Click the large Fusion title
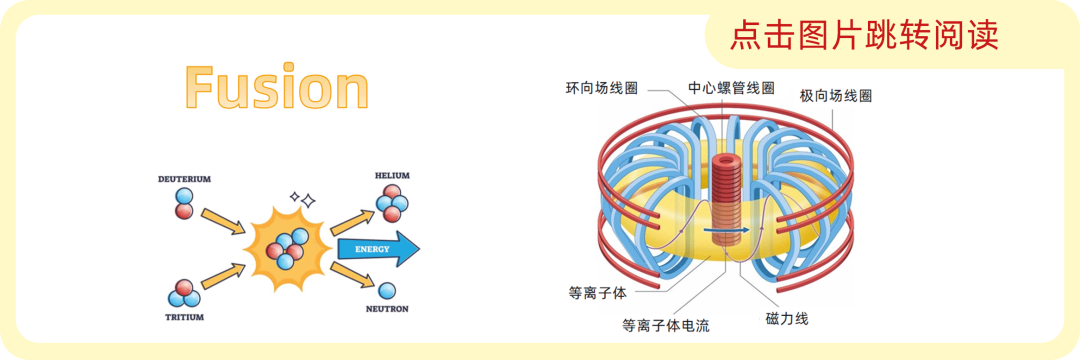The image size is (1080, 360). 278,87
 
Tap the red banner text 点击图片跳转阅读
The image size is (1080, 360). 864,34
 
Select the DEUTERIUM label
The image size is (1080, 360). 184,179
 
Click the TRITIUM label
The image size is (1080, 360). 185,317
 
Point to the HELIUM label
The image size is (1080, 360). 392,176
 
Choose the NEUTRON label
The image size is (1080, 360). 387,309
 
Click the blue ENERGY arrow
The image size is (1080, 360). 378,248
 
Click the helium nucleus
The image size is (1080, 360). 392,203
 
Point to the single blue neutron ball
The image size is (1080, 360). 387,290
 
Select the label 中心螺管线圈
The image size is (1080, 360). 731,88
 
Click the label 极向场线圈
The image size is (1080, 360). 835,96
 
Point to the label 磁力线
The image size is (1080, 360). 787,318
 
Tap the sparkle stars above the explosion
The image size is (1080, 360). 303,200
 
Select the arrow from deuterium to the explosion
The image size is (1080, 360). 222,222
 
